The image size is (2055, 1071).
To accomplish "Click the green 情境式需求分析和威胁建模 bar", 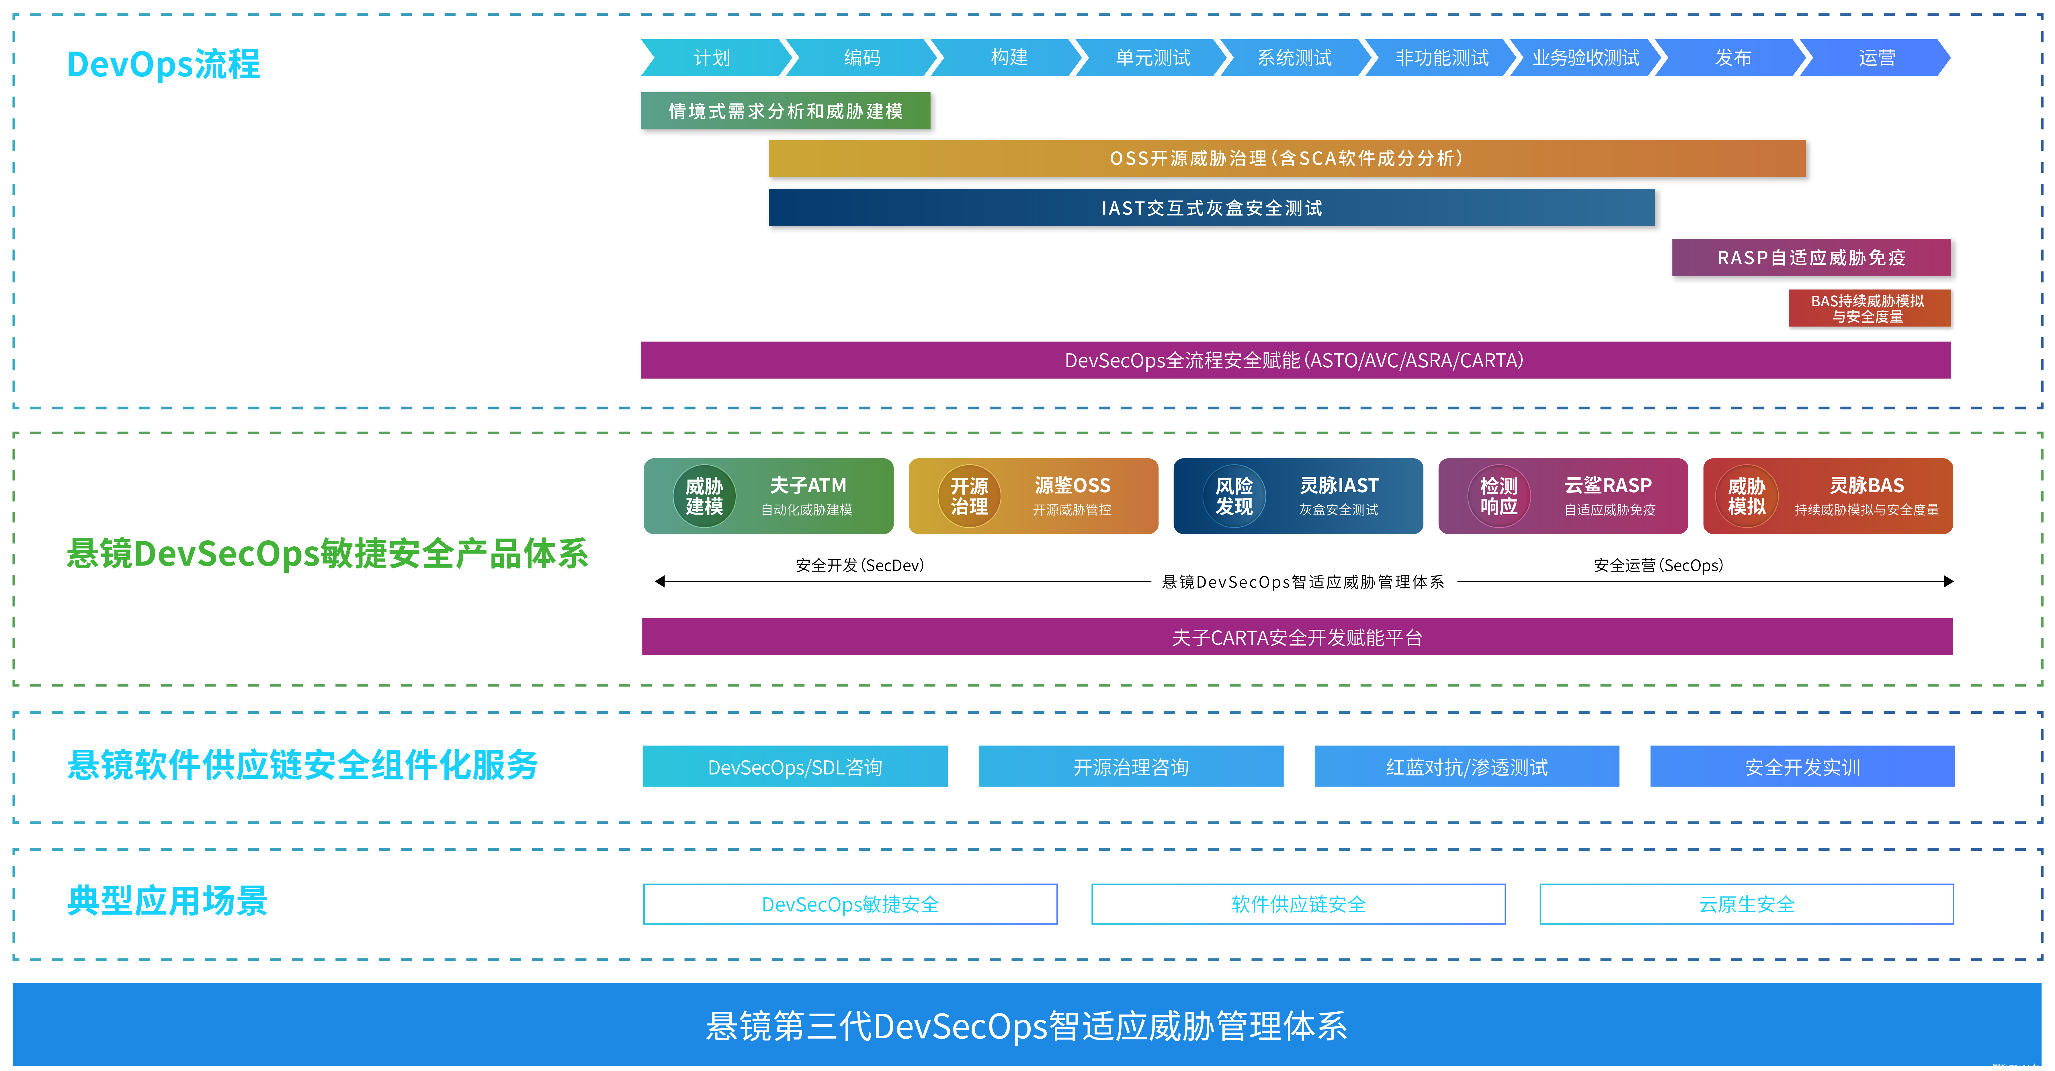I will (x=785, y=111).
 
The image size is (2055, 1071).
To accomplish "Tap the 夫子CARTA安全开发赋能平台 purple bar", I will (x=1297, y=637).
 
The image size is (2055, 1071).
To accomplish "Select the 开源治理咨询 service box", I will (x=1130, y=766).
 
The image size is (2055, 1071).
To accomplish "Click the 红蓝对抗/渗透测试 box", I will (x=1466, y=766).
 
